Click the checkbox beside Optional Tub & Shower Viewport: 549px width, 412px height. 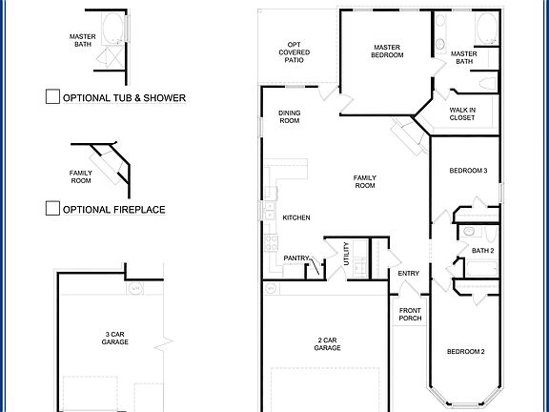52,96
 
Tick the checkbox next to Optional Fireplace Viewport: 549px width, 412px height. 52,209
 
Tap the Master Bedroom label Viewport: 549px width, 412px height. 388,51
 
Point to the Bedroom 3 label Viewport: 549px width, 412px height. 468,171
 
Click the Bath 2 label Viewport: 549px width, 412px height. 483,251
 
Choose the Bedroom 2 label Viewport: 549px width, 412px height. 466,352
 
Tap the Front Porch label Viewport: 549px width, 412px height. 410,314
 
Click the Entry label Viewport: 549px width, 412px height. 409,274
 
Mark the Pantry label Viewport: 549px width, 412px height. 296,257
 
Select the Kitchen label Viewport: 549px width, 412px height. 296,218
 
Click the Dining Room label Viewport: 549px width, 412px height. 289,117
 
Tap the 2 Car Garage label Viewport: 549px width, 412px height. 327,344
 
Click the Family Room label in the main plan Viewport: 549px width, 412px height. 365,181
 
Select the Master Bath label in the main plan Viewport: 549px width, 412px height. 463,58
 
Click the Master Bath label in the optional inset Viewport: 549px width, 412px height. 82,39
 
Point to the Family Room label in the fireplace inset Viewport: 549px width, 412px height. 81,175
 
